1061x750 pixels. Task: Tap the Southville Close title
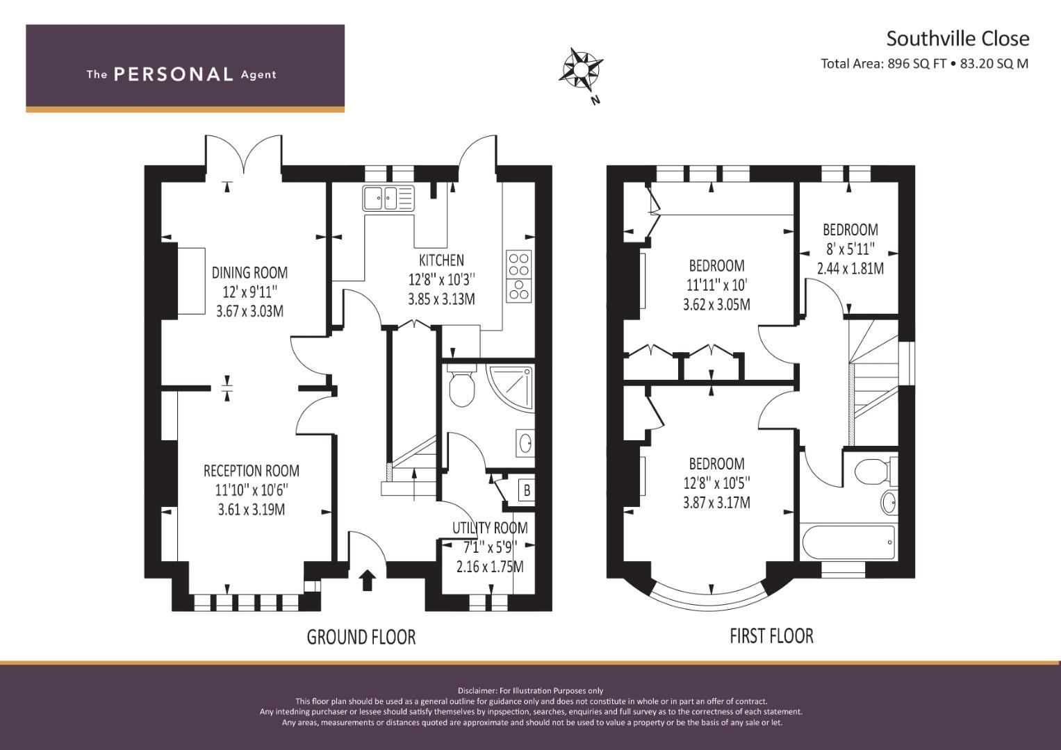[957, 39]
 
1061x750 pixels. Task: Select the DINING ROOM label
[249, 273]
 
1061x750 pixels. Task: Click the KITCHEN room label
[441, 260]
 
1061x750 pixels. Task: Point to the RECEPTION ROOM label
[252, 471]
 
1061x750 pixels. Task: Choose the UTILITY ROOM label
[490, 528]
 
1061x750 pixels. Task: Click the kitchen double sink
[388, 198]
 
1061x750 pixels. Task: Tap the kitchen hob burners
[519, 276]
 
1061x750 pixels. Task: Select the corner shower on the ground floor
[510, 387]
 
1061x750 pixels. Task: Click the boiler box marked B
[527, 490]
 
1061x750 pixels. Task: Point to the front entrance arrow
[367, 580]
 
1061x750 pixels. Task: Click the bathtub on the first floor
[849, 542]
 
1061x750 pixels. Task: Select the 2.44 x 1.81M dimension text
[850, 269]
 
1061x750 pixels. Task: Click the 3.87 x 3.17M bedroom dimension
[716, 502]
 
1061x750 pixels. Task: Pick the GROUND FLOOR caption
[361, 637]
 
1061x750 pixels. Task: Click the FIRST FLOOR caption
[771, 636]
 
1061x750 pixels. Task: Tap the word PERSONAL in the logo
[174, 74]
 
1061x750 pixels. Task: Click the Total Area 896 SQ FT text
[884, 64]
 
